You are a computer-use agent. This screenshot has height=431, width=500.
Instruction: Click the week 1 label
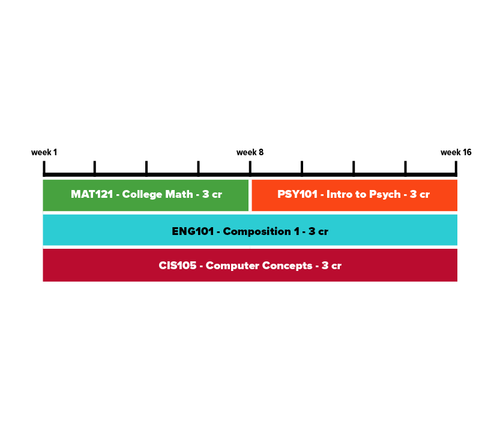tap(44, 152)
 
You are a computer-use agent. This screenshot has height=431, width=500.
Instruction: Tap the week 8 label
tap(250, 152)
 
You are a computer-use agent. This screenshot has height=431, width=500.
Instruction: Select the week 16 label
tap(456, 152)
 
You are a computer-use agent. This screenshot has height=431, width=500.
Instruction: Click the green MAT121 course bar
tap(146, 195)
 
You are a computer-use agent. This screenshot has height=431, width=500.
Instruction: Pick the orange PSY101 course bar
tap(354, 195)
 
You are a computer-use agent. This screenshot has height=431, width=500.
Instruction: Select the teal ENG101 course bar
tap(250, 230)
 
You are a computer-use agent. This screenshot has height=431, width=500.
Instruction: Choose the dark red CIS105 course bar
tap(250, 265)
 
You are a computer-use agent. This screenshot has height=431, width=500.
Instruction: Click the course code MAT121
tap(92, 194)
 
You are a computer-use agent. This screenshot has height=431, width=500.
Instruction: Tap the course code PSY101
tap(297, 194)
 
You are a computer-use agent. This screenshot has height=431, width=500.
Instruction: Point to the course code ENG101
tap(193, 231)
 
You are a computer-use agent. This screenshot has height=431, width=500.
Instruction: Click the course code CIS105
tap(178, 266)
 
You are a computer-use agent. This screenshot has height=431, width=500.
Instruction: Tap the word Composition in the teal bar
tap(257, 232)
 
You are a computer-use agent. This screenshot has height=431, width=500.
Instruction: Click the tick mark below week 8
tap(250, 167)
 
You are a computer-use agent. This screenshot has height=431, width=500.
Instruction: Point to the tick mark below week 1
tap(44, 167)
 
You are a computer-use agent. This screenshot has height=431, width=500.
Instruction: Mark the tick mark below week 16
tap(456, 167)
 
